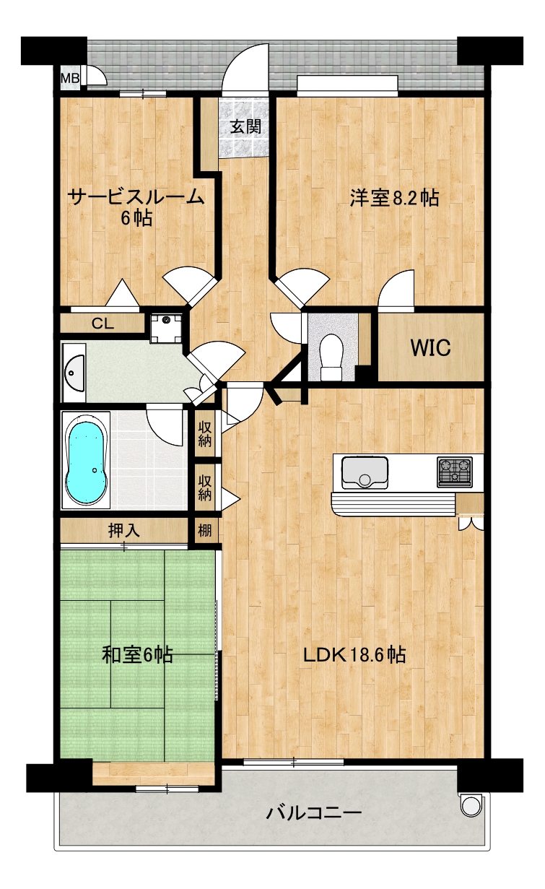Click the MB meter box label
pos(69,78)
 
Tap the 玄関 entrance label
pos(246,126)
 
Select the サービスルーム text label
pos(136,196)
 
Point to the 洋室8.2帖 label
pos(394,197)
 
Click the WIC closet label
pos(431,347)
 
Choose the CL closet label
pos(103,324)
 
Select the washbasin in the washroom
pos(74,373)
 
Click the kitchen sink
pos(365,473)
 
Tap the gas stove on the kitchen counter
pos(455,472)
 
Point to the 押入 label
pos(123,531)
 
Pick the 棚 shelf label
pos(205,530)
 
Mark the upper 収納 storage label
pos(205,434)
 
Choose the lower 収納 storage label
pos(205,487)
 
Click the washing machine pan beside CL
pos(167,328)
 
